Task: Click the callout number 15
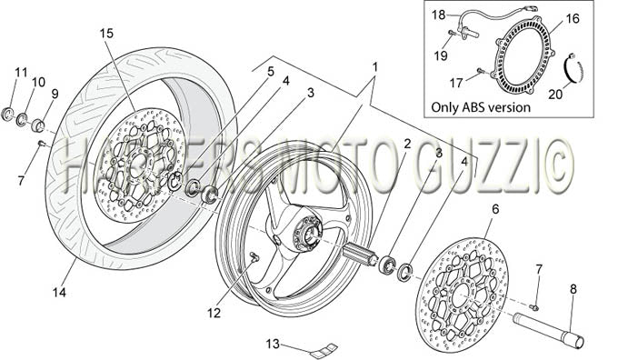pyautogui.click(x=106, y=34)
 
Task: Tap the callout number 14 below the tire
pyautogui.click(x=59, y=292)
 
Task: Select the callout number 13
pyautogui.click(x=273, y=345)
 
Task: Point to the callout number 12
pyautogui.click(x=214, y=313)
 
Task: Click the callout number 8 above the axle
pyautogui.click(x=573, y=289)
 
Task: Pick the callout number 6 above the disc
pyautogui.click(x=495, y=209)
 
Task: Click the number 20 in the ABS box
pyautogui.click(x=555, y=95)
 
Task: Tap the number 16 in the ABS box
pyautogui.click(x=573, y=18)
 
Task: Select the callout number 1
pyautogui.click(x=375, y=67)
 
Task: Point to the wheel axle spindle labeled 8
pyautogui.click(x=549, y=329)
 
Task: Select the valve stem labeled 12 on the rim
pyautogui.click(x=254, y=257)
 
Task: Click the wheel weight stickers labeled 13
pyautogui.click(x=324, y=350)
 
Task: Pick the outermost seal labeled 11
pyautogui.click(x=7, y=114)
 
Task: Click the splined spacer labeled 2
pyautogui.click(x=357, y=253)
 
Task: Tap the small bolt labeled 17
pyautogui.click(x=480, y=71)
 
